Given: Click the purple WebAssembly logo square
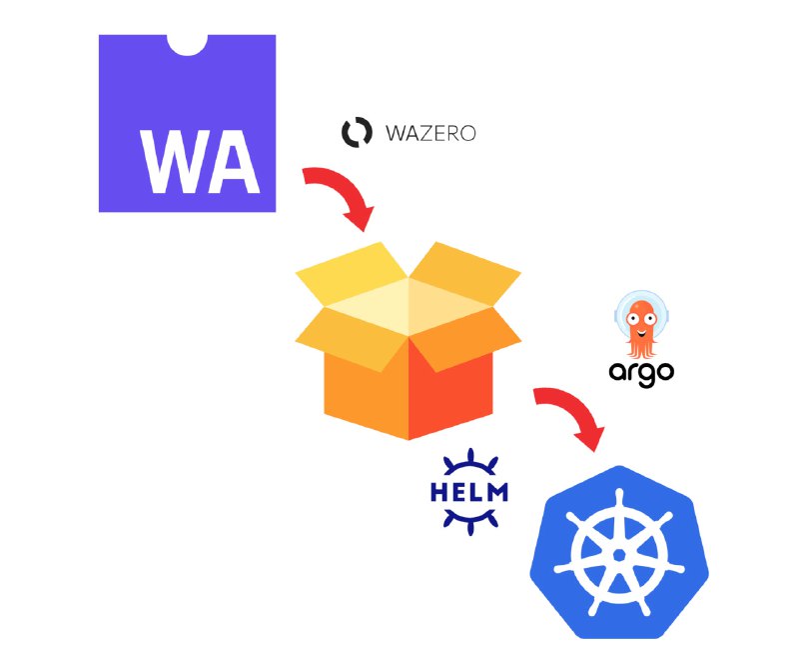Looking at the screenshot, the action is [x=187, y=124].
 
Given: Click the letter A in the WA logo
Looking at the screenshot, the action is [x=235, y=162].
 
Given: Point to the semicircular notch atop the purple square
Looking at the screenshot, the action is [x=187, y=44].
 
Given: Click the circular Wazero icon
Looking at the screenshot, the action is [x=357, y=132].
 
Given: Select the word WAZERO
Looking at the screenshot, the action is [x=430, y=133].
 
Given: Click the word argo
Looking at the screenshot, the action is [x=641, y=373].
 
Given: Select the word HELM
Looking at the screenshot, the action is [x=469, y=492].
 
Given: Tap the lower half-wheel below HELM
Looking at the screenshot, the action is [x=469, y=521].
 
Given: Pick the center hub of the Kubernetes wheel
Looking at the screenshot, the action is [x=619, y=555].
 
